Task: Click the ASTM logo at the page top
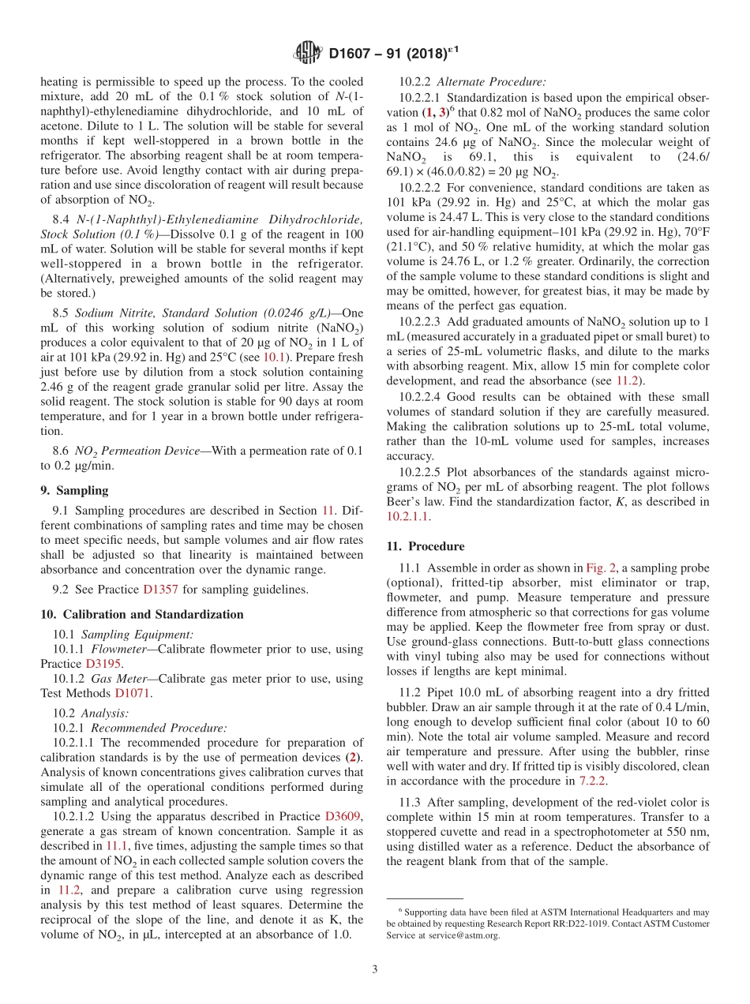(308, 53)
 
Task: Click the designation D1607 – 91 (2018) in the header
(393, 54)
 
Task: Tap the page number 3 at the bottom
(375, 969)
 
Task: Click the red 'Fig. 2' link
(600, 568)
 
